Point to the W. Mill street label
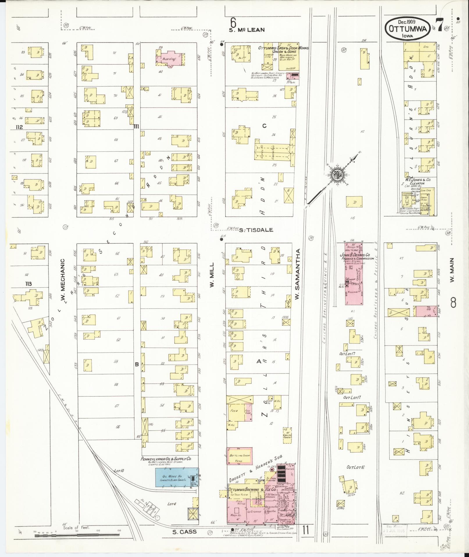pyautogui.click(x=212, y=275)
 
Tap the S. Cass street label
pyautogui.click(x=184, y=532)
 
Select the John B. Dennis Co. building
pyautogui.click(x=354, y=273)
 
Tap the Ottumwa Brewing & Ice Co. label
pyautogui.click(x=252, y=489)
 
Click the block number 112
pyautogui.click(x=19, y=127)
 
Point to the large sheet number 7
pyautogui.click(x=439, y=25)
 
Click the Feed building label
pyautogui.click(x=235, y=411)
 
